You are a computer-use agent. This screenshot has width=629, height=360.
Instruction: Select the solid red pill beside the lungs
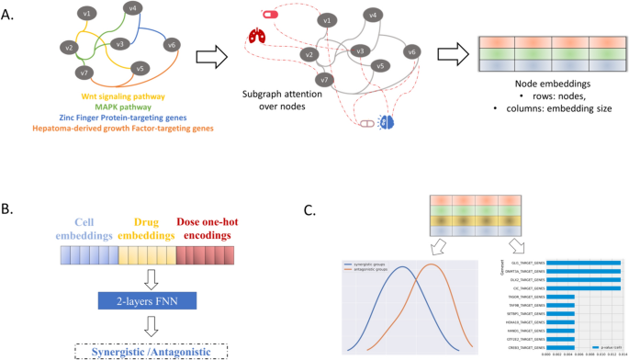click(270, 14)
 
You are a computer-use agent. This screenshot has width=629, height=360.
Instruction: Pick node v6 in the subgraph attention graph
click(413, 51)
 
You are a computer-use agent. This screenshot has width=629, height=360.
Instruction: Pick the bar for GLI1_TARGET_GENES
click(585, 264)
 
